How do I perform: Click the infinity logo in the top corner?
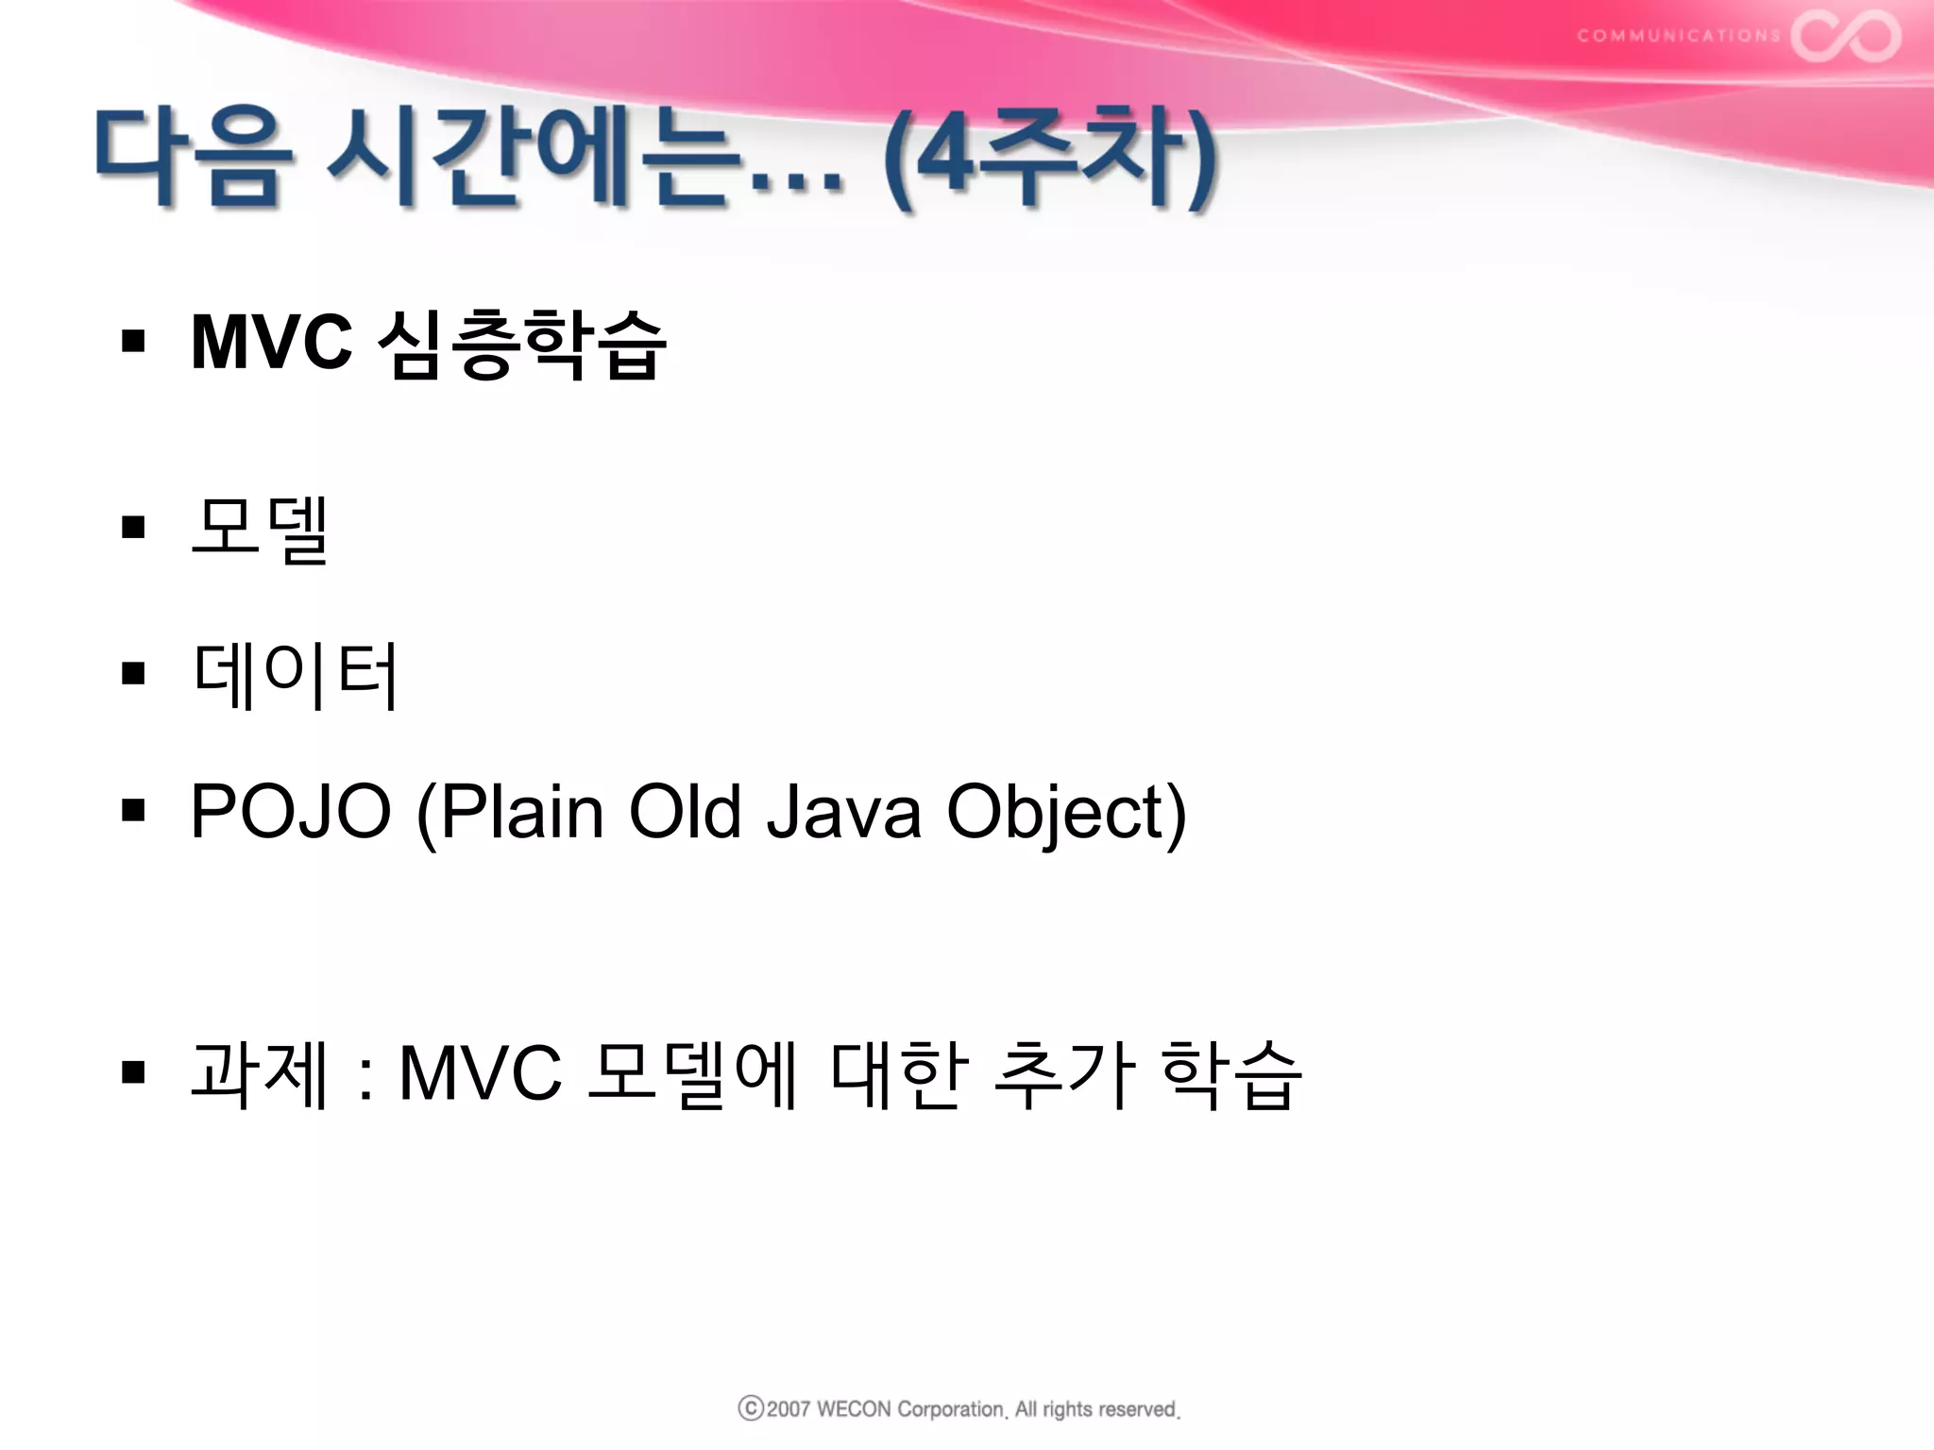pyautogui.click(x=1845, y=36)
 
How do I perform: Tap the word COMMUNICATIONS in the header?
pyautogui.click(x=1678, y=36)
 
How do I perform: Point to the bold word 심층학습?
pyautogui.click(x=521, y=344)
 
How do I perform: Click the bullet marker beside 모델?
pyautogui.click(x=133, y=526)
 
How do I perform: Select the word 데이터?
pyautogui.click(x=295, y=674)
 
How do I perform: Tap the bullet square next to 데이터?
pyautogui.click(x=133, y=673)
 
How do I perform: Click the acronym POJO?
pyautogui.click(x=290, y=811)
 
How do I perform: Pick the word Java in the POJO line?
pyautogui.click(x=842, y=811)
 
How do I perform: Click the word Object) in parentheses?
pyautogui.click(x=1066, y=813)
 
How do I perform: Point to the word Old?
pyautogui.click(x=685, y=811)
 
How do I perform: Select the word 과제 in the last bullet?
pyautogui.click(x=259, y=1073)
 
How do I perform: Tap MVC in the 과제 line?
pyautogui.click(x=480, y=1073)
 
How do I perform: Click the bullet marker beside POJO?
pyautogui.click(x=133, y=809)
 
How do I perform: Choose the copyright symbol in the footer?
pyautogui.click(x=750, y=1408)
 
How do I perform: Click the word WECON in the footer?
pyautogui.click(x=853, y=1409)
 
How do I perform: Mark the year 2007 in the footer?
pyautogui.click(x=789, y=1409)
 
